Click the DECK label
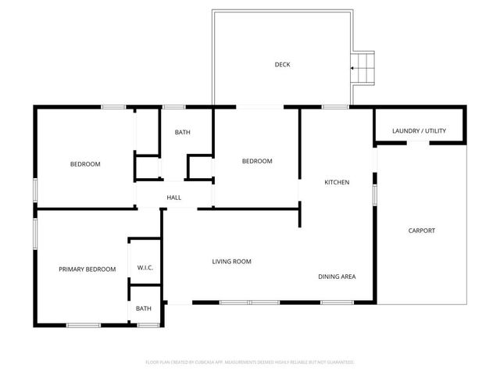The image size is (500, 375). coord(282,65)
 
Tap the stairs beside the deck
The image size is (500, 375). coord(364,68)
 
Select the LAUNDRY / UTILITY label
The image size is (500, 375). coord(419,130)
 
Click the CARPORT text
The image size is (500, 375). coord(422,230)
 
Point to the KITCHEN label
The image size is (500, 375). coord(337,182)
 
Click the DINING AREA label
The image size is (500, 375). coord(337,277)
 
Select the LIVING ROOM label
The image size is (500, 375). coord(231,262)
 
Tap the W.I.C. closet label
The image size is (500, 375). coord(145,268)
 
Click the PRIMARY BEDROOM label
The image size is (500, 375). coord(87,269)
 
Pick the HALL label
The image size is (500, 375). coord(174,198)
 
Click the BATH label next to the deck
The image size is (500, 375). coord(182,133)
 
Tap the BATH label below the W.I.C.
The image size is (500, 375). coord(144,309)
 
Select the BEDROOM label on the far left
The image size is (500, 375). coord(85,164)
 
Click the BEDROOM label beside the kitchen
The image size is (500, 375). coord(256,161)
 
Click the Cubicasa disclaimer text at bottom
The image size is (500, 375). coord(250,362)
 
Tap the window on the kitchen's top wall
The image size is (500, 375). coord(335,107)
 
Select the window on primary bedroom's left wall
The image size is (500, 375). coord(34,234)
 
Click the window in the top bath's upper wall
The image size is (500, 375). coord(173,107)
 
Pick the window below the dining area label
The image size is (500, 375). coord(337,302)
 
